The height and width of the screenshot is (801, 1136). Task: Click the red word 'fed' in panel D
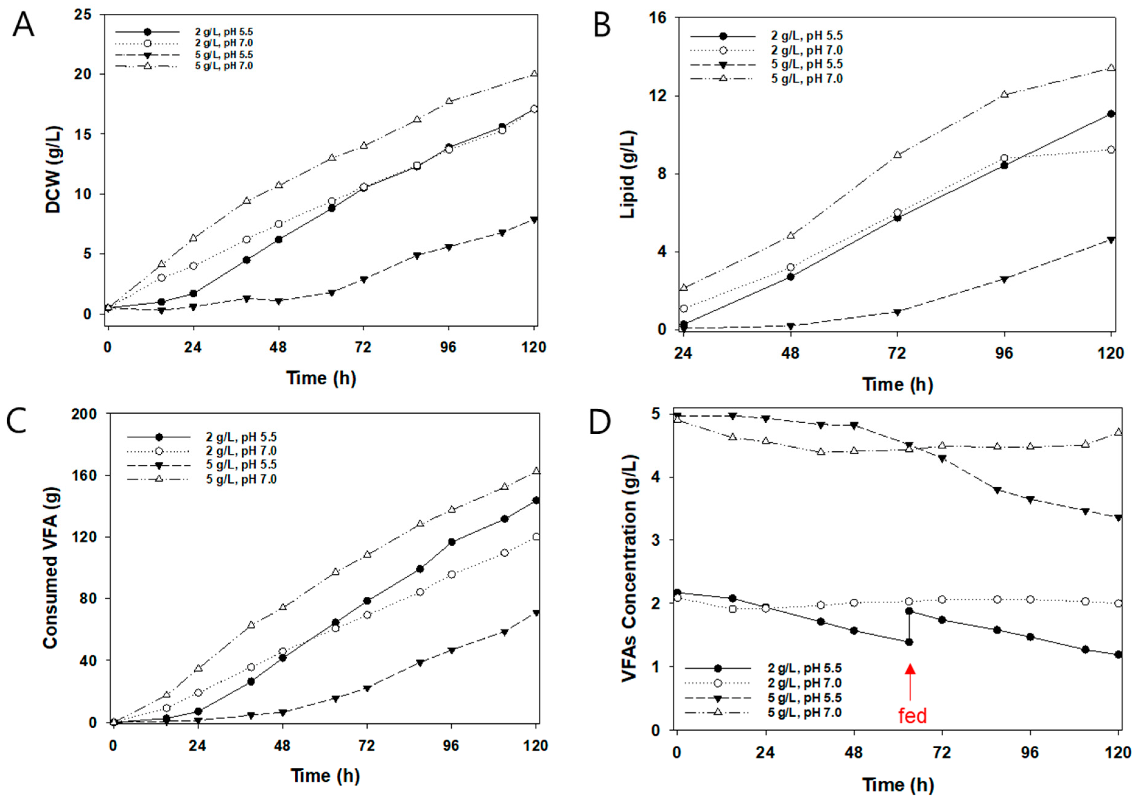(x=912, y=715)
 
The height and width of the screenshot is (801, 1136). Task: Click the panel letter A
(x=23, y=25)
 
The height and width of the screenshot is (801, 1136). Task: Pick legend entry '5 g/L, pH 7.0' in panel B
(x=806, y=79)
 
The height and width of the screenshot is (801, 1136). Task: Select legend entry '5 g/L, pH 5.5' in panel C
(x=241, y=465)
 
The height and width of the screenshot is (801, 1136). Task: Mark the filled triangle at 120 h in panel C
(x=535, y=613)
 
